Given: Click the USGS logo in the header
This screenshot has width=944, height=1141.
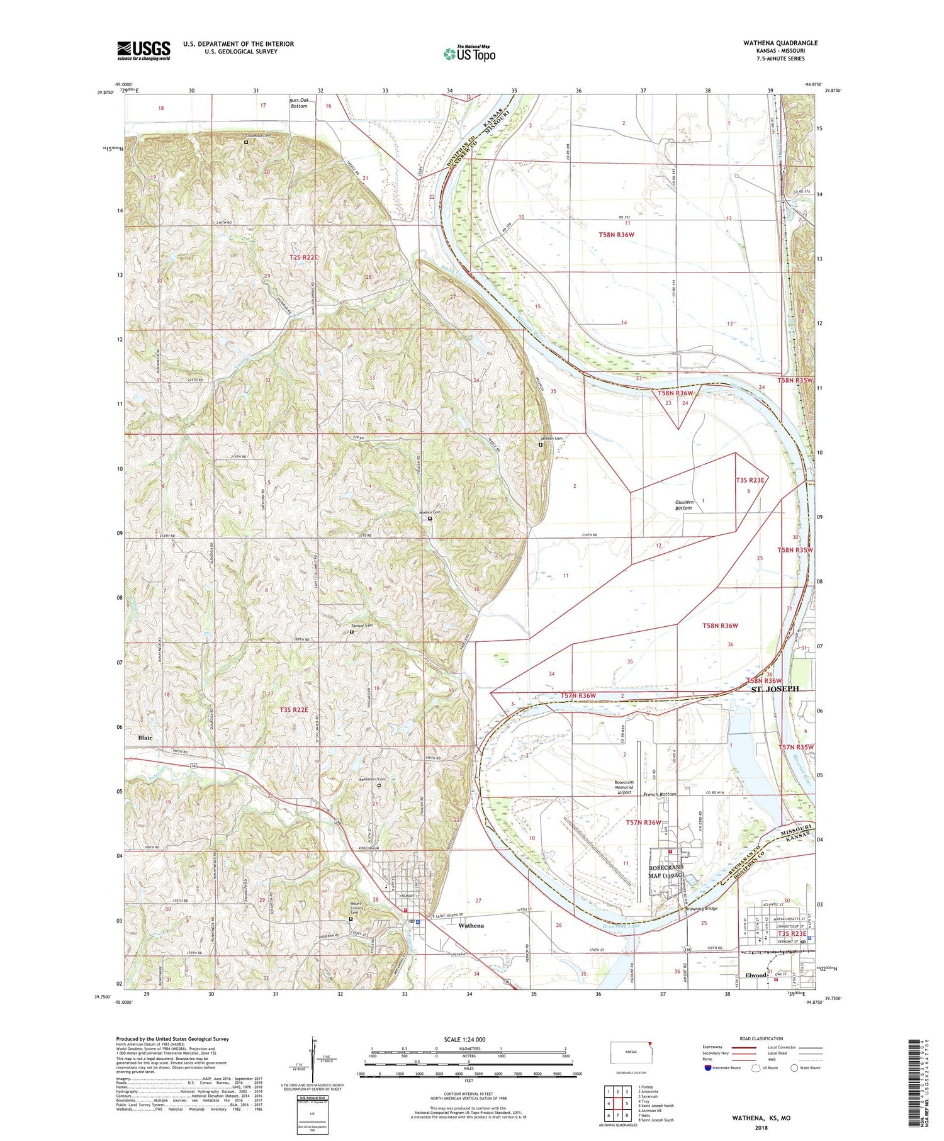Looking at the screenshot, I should (x=143, y=50).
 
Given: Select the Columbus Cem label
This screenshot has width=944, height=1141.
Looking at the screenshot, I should (x=258, y=136).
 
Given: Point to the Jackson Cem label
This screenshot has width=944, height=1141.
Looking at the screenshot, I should (x=551, y=439).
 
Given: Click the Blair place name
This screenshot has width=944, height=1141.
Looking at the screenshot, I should (x=145, y=737).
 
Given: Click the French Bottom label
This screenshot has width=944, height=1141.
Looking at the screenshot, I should (x=659, y=794).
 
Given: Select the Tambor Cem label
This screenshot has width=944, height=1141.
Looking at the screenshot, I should (x=362, y=626).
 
